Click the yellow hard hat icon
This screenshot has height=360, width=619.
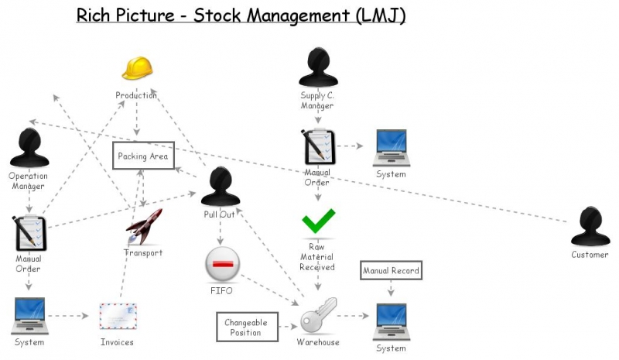point(137,69)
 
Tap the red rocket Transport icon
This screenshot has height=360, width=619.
point(144,227)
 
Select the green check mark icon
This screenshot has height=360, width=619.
point(318,221)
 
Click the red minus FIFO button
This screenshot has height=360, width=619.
point(222,265)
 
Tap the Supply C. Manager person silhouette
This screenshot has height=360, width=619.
point(317,68)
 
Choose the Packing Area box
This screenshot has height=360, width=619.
point(143,156)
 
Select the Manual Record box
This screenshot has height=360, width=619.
point(391,271)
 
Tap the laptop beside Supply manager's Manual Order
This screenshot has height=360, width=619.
point(391,147)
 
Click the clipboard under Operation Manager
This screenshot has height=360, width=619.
point(29,235)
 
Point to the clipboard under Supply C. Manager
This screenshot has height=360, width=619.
point(318,146)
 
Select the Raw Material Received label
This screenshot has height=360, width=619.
point(317,257)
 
